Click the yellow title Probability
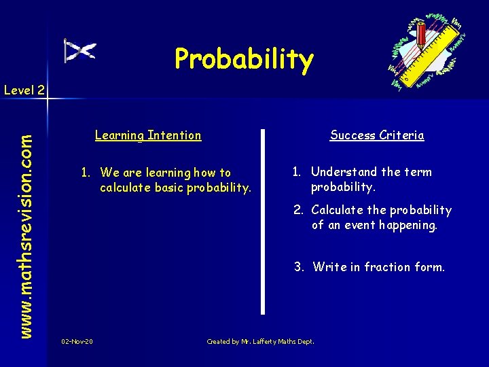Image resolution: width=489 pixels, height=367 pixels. (244, 59)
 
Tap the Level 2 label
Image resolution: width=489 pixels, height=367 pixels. (24, 89)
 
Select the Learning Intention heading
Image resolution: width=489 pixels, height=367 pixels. (148, 135)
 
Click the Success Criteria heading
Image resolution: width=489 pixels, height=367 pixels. (377, 135)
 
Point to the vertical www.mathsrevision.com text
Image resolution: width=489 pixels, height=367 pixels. (25, 225)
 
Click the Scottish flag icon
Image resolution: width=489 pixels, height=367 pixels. (79, 50)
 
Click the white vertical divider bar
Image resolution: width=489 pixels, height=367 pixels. (263, 221)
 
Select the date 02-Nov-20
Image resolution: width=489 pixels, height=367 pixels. (77, 341)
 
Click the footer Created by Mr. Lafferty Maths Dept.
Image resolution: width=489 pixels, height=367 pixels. (260, 341)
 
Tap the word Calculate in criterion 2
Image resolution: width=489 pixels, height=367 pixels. (338, 210)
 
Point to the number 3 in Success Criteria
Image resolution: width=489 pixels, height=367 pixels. (298, 267)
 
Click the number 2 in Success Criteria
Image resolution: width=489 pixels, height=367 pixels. (297, 210)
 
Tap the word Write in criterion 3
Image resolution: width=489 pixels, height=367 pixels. (329, 267)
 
